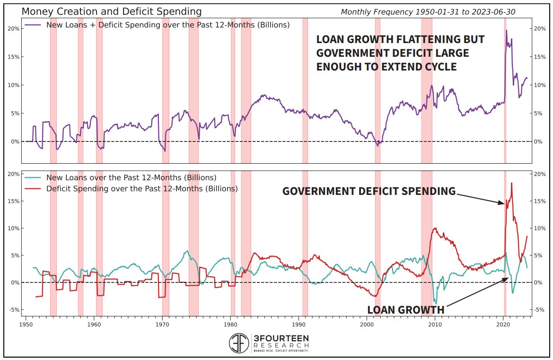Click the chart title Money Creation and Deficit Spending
[112, 11]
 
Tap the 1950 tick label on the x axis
[26, 325]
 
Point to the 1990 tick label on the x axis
[299, 325]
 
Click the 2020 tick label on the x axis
[503, 325]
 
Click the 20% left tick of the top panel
[14, 28]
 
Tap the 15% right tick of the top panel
[540, 57]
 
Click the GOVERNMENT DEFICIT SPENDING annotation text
[369, 191]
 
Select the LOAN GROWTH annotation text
[405, 310]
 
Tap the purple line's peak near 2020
[507, 31]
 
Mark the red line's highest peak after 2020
[511, 183]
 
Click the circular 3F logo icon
[239, 343]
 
